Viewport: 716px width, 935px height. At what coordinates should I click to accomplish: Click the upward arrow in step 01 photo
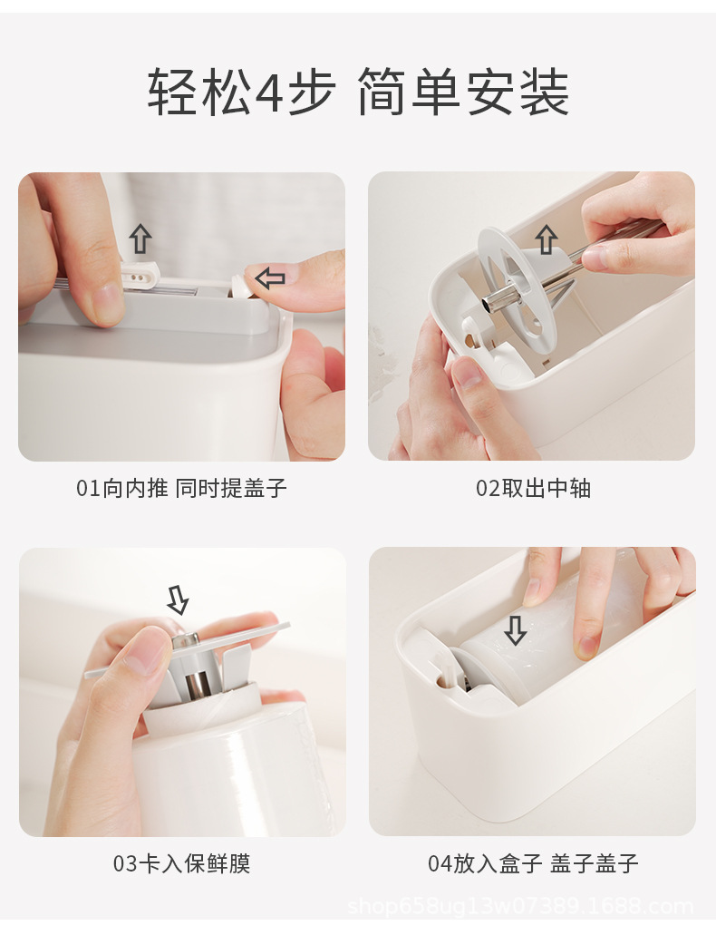[x=140, y=239]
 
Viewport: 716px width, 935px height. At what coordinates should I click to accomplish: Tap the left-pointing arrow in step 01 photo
[x=270, y=278]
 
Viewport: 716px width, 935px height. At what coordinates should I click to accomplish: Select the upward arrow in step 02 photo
[x=547, y=239]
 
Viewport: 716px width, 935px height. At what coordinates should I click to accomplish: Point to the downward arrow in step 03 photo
[x=178, y=599]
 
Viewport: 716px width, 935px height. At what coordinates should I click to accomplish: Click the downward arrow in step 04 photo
[x=515, y=631]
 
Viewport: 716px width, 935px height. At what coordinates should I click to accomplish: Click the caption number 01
[x=88, y=489]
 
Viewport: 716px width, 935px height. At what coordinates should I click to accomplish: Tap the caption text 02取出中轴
[x=533, y=489]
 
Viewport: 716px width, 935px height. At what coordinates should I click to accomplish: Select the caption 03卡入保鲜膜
[x=181, y=862]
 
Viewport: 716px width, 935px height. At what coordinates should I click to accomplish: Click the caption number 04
[x=440, y=862]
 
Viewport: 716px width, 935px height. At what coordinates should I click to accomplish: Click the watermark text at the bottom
[x=520, y=907]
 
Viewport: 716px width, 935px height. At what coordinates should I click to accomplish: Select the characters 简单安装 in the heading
[x=464, y=93]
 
